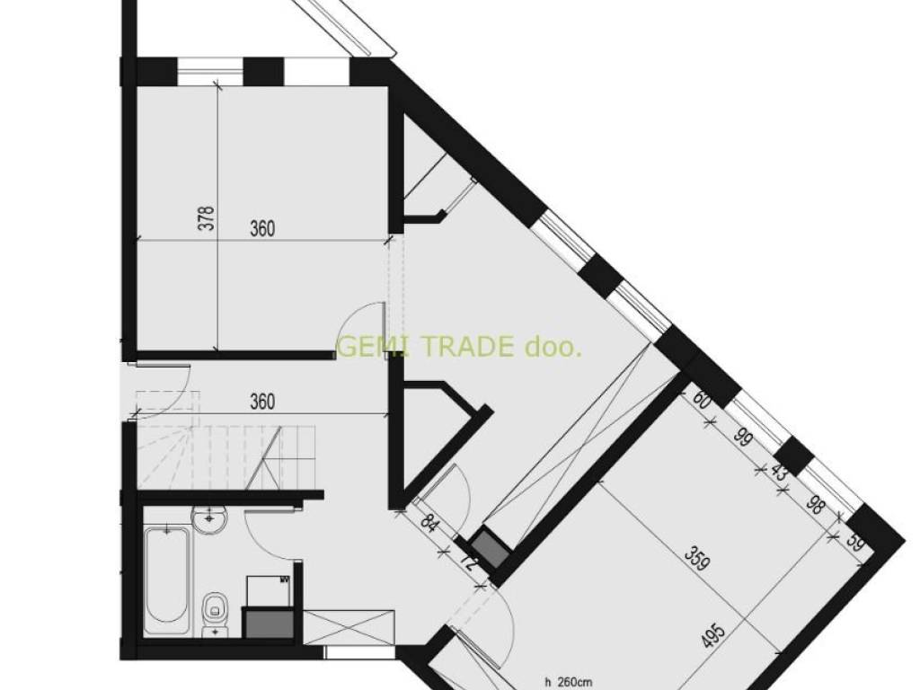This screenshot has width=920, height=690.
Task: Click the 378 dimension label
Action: (x=208, y=217)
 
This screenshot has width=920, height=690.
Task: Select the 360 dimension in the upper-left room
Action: (x=262, y=228)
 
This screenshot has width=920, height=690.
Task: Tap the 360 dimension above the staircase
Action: (x=262, y=402)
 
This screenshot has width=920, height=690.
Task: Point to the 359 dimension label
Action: (x=698, y=560)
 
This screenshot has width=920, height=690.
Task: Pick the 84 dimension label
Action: (x=429, y=523)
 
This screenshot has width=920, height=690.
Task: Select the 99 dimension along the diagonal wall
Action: (x=743, y=438)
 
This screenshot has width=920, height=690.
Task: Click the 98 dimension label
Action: (x=814, y=505)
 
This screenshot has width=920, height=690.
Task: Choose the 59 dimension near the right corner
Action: (x=856, y=544)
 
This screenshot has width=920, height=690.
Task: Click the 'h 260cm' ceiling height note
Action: (x=568, y=683)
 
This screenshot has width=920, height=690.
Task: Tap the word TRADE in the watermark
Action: (x=467, y=347)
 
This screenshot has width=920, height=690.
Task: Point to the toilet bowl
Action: (x=214, y=613)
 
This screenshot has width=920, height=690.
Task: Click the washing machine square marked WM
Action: (x=269, y=590)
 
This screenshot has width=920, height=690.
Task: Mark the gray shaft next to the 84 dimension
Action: (x=490, y=547)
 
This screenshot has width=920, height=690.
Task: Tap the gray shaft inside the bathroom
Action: (x=269, y=624)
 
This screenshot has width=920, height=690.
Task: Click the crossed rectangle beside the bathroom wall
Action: (x=349, y=628)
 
